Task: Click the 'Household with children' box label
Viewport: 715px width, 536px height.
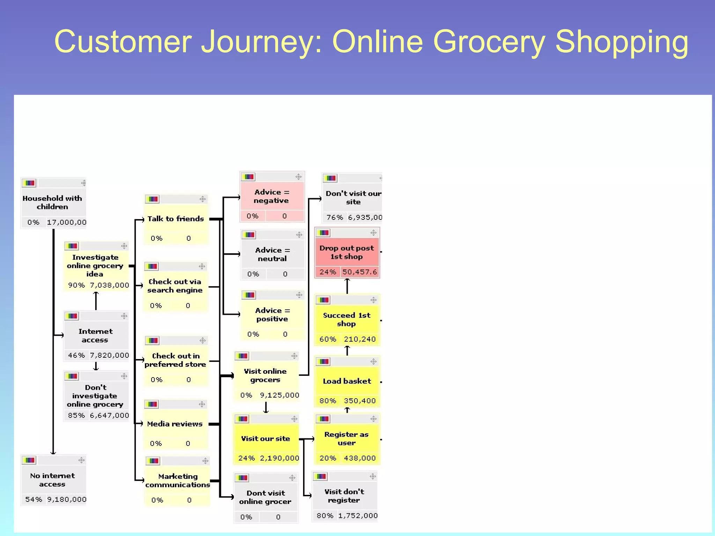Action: point(52,202)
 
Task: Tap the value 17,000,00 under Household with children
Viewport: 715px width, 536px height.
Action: point(66,222)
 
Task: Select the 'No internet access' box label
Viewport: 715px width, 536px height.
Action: point(52,480)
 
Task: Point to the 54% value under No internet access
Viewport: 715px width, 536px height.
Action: point(34,499)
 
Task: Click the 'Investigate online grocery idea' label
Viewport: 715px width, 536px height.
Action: point(95,266)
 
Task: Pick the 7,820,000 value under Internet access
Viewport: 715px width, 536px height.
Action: point(109,355)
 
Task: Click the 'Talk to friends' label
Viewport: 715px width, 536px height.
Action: point(175,219)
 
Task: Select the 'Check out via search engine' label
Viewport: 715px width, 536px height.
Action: point(175,286)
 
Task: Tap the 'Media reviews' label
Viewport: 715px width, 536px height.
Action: point(175,424)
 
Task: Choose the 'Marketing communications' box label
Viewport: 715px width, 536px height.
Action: point(178,481)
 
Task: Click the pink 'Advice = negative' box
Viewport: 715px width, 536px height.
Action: point(272,196)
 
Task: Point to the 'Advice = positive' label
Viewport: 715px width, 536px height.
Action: point(272,314)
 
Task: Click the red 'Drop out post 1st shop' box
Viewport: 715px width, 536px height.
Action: point(347,252)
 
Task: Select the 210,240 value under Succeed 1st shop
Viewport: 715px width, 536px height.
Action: point(360,339)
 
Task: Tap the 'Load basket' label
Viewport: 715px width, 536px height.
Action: point(347,381)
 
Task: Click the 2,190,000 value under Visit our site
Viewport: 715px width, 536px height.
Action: point(279,458)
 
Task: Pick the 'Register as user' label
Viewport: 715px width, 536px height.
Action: point(346,439)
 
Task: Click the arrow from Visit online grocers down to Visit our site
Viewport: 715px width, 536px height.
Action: point(266,407)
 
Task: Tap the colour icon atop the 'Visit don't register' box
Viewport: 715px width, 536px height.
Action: point(320,476)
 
